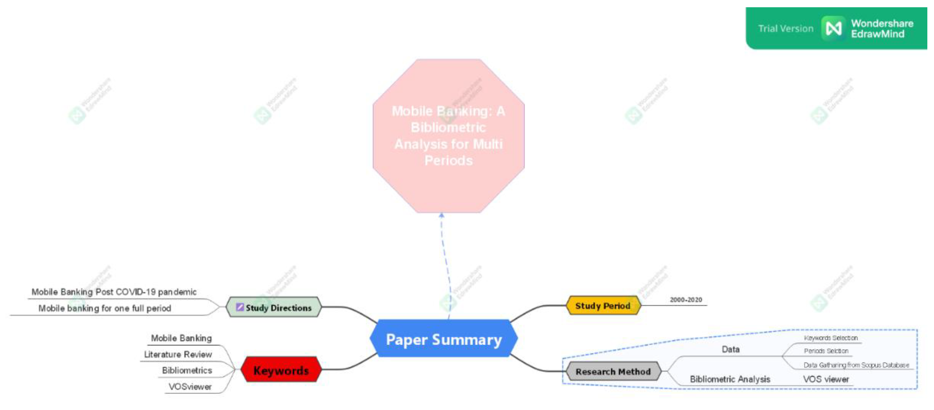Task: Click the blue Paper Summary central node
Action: coord(444,339)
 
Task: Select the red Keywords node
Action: coord(281,370)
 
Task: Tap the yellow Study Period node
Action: coord(603,306)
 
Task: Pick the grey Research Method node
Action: coord(613,371)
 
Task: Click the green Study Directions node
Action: coord(274,307)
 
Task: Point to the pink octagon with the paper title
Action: coord(448,136)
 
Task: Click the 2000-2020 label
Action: coord(686,300)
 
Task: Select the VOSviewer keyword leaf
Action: coord(190,387)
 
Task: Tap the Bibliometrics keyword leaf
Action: coord(187,370)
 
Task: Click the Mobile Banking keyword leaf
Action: coord(181,338)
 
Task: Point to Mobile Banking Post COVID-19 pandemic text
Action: coord(114,292)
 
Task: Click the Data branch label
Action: coord(730,349)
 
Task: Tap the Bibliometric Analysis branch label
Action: coord(729,379)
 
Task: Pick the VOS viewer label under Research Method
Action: coord(826,379)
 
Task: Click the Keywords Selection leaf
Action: coord(831,338)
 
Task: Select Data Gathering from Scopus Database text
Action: coord(856,365)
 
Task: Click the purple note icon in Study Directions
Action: coord(240,307)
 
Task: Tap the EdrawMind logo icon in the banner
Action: coord(833,28)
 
